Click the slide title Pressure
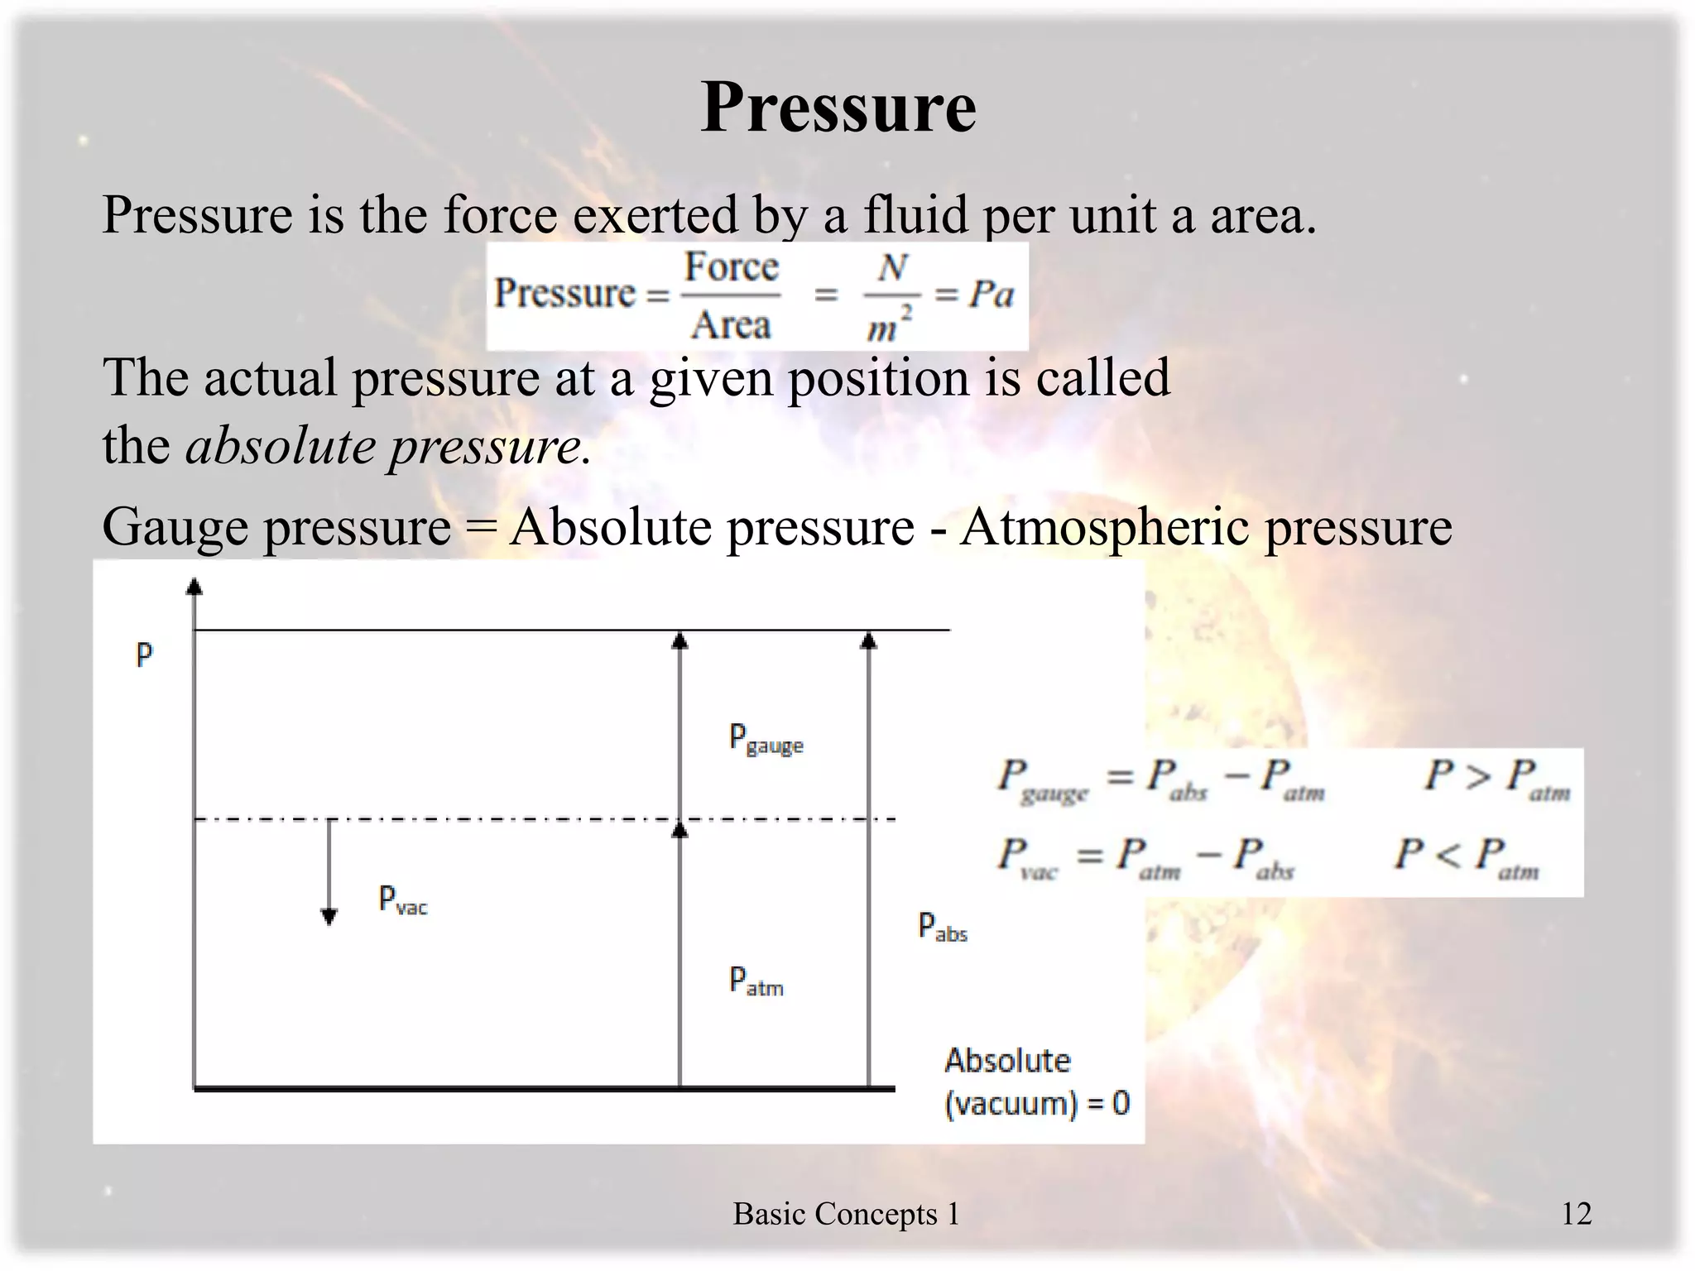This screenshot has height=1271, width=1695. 838,108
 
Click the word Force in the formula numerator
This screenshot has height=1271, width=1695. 732,267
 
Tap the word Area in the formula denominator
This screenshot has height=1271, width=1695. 731,325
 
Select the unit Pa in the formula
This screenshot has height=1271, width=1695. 991,294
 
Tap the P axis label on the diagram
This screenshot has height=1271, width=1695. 144,655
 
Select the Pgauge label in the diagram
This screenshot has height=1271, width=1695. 766,739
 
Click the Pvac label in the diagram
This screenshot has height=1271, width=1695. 402,900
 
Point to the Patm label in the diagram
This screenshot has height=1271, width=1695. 756,981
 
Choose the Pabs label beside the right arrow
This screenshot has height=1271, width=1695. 942,927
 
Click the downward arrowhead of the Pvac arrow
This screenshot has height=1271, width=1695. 329,916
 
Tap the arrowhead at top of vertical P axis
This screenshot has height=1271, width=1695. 194,587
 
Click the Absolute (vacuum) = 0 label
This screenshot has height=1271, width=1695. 1036,1082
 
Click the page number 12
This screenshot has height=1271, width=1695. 1576,1214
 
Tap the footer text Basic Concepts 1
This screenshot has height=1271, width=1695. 846,1214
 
